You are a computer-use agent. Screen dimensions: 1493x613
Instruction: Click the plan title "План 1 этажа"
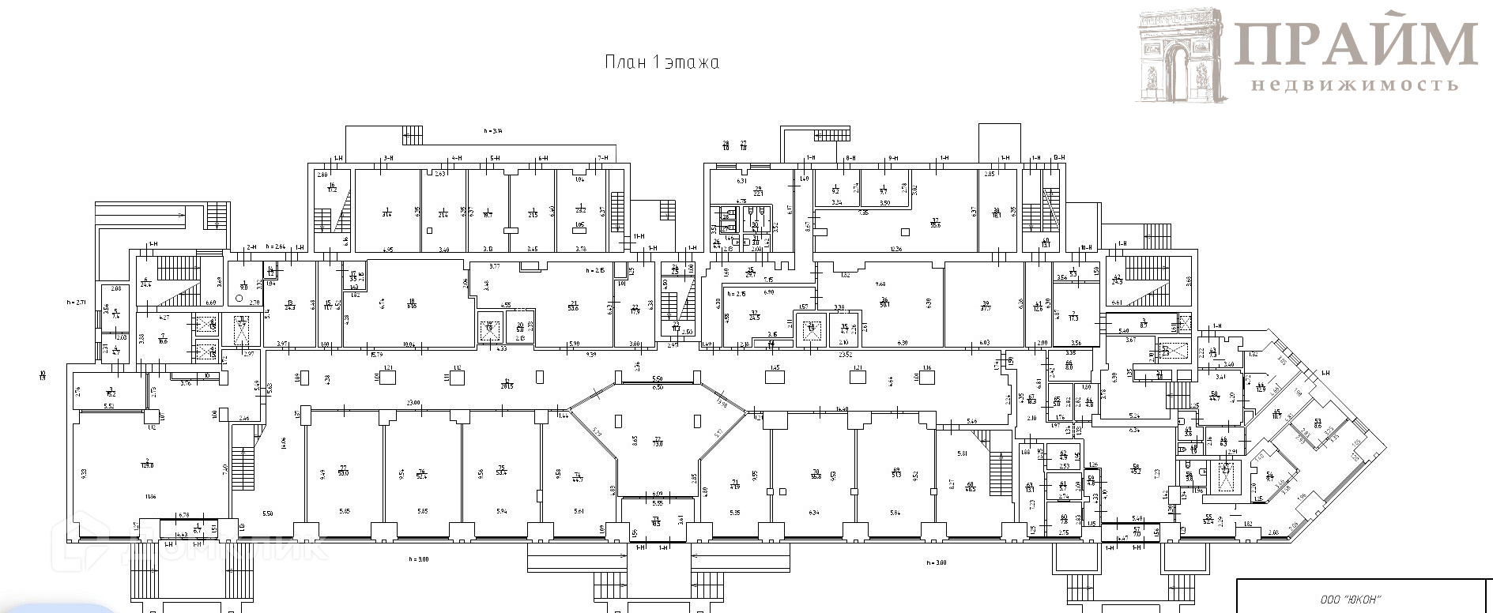[x=662, y=63]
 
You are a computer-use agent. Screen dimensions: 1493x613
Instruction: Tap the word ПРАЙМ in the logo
[x=1355, y=43]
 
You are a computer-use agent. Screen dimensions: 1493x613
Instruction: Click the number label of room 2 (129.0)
[x=146, y=462]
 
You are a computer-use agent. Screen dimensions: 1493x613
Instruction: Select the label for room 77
[x=343, y=471]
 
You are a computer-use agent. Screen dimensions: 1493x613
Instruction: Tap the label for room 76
[x=422, y=472]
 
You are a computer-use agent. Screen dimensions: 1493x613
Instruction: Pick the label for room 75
[x=500, y=472]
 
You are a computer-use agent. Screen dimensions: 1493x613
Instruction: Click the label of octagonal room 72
[x=657, y=442]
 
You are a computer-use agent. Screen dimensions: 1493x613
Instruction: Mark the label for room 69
[x=895, y=472]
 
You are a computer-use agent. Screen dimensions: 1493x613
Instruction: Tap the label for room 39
[x=986, y=306]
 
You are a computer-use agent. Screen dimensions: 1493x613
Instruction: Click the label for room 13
[x=290, y=305]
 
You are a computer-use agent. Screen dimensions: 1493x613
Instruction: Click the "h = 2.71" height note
[x=77, y=302]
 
